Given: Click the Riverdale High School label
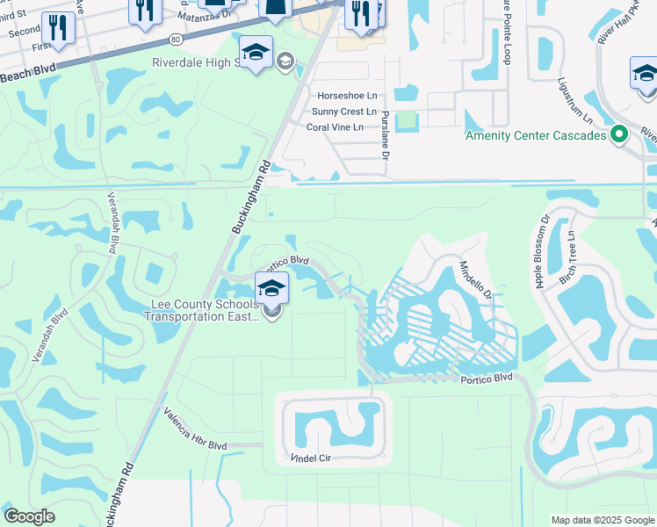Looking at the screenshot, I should (202, 63).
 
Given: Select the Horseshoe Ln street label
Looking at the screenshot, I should (347, 95).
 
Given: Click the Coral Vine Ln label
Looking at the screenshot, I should (341, 127).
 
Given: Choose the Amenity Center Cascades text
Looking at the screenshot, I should (536, 135).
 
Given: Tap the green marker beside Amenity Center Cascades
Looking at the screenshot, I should (619, 135).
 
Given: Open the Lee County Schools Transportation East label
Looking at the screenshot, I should (204, 310).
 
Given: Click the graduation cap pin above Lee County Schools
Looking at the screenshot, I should (271, 288).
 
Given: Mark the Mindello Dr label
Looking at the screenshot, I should (475, 282).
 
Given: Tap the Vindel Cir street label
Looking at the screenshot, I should (314, 459).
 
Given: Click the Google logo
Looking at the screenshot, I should (29, 516).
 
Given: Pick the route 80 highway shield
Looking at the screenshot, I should (177, 40).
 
